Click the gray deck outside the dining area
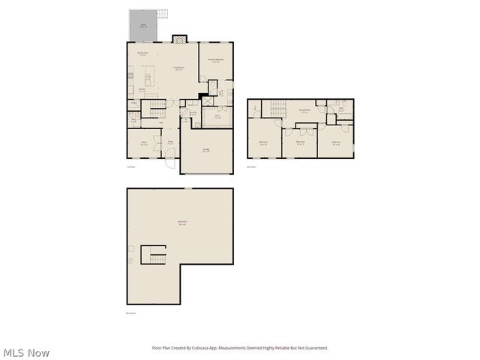pos(142,26)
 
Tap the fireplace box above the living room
pos(178,39)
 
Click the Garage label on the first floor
pos(206,150)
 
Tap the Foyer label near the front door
pos(171,143)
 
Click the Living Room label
pos(179,68)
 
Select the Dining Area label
pos(142,54)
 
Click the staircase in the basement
pos(156,256)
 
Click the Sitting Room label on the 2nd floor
pos(304,111)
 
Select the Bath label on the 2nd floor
pos(341,110)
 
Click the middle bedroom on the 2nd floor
pos(300,142)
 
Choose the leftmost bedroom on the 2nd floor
pos(263,142)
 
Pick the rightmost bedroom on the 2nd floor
pos(336,142)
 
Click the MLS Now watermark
pos(26,352)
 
